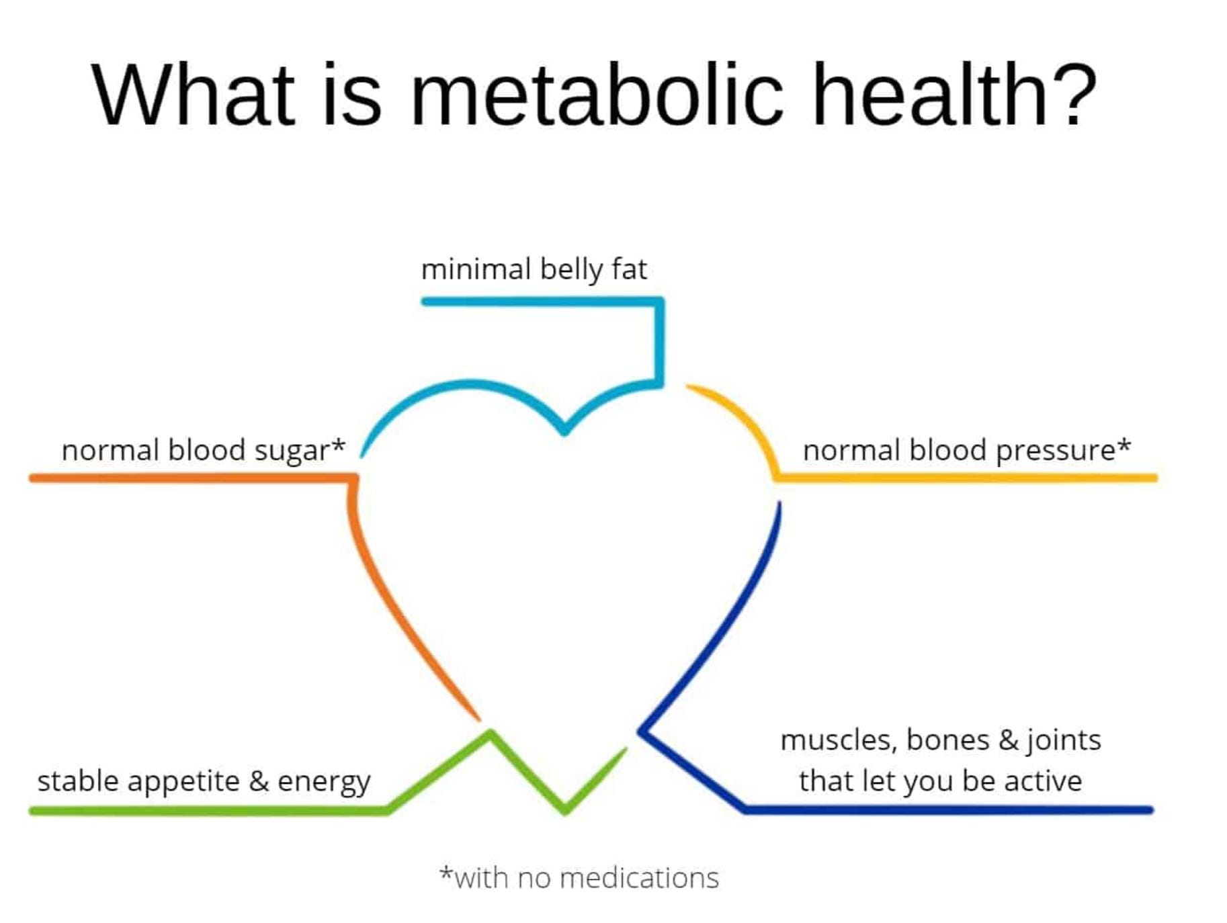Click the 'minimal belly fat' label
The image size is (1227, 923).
534,269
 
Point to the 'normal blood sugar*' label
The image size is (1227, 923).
203,450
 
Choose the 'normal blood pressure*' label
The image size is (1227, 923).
966,450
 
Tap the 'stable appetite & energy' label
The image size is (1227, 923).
204,781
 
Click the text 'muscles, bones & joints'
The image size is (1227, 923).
941,740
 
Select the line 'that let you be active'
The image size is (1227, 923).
941,781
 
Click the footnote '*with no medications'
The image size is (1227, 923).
579,878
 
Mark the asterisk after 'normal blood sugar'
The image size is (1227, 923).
339,445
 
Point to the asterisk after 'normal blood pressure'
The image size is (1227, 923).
1124,445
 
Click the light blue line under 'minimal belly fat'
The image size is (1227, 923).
538,302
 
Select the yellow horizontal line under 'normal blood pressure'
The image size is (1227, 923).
968,478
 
